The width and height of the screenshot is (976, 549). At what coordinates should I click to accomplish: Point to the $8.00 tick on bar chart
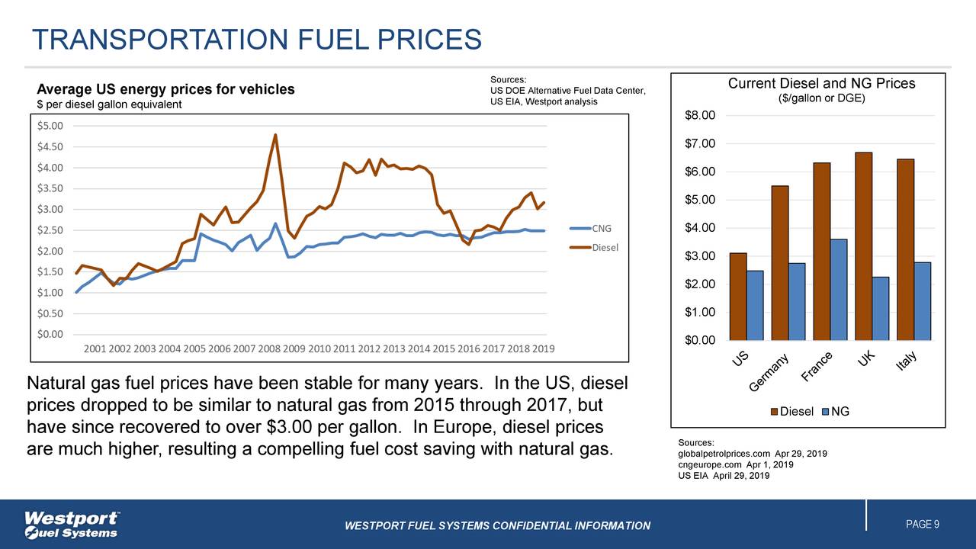[701, 116]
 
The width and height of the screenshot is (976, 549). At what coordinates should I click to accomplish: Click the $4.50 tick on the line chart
[52, 146]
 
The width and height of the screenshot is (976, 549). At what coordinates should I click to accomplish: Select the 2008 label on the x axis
[268, 349]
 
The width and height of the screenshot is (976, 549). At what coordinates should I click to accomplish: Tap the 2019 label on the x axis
[542, 349]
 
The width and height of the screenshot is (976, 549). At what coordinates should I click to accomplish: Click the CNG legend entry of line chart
[601, 228]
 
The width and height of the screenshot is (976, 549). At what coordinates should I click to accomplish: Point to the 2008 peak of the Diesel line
[275, 135]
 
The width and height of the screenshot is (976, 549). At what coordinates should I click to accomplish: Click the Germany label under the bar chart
[772, 375]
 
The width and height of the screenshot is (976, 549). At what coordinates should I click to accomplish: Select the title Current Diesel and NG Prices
[821, 84]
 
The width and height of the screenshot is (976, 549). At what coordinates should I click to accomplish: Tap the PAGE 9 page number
[922, 525]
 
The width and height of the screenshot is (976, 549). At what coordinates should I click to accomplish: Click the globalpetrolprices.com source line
[752, 454]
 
